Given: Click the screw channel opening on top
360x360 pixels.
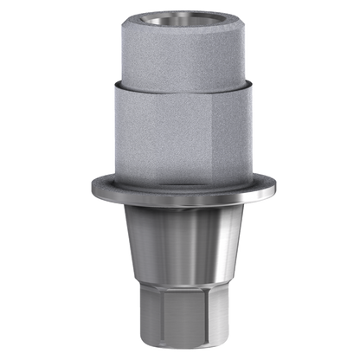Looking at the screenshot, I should [180, 19].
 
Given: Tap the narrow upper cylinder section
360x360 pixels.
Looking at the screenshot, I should [180, 56].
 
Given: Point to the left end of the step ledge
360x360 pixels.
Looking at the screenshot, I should [112, 83].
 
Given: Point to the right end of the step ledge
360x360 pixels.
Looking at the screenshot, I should [248, 83].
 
